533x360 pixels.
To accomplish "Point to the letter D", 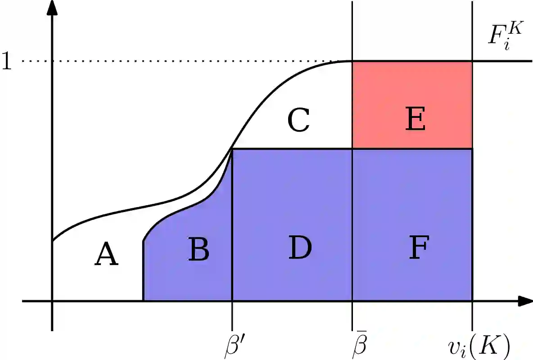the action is pyautogui.click(x=300, y=248).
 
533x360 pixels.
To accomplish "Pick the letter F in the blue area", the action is pyautogui.click(x=419, y=248).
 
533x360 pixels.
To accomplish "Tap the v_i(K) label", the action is pyautogui.click(x=479, y=346).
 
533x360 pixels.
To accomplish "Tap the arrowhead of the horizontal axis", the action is pyautogui.click(x=524, y=301).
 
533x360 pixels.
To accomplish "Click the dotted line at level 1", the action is pyautogui.click(x=180, y=61).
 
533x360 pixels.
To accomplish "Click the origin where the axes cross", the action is pyautogui.click(x=53, y=301).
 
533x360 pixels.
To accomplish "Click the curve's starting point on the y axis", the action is pyautogui.click(x=53, y=241).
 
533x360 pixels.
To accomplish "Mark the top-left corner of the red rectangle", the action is pyautogui.click(x=352, y=61).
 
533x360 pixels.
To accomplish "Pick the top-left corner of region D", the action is pyautogui.click(x=232, y=149).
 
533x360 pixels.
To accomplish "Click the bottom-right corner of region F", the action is pyautogui.click(x=472, y=301).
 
